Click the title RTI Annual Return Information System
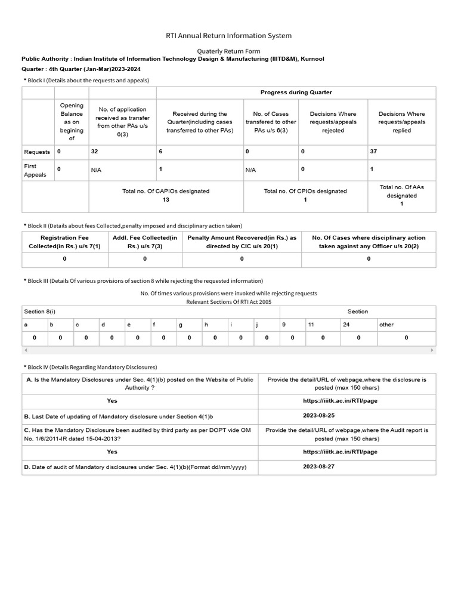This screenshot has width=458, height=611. pyautogui.click(x=228, y=36)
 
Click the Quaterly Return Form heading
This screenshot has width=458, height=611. pyautogui.click(x=228, y=52)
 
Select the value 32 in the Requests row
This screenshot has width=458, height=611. pyautogui.click(x=94, y=152)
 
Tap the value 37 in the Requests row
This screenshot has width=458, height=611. pyautogui.click(x=373, y=152)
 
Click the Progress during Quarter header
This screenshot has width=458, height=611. pyautogui.click(x=296, y=92)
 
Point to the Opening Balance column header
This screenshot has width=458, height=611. pyautogui.click(x=72, y=122)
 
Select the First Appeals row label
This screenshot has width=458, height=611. pyautogui.click(x=35, y=170)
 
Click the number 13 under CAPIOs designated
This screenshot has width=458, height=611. pyautogui.click(x=166, y=200)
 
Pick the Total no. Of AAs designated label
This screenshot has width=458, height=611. pyautogui.click(x=401, y=191)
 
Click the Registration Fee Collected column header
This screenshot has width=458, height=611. pyautogui.click(x=64, y=242)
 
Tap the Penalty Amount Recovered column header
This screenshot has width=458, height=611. pyautogui.click(x=242, y=242)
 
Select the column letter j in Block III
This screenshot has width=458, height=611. pyautogui.click(x=256, y=325)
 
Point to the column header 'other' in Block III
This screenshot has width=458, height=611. pyautogui.click(x=386, y=325)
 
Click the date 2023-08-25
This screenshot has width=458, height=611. pyautogui.click(x=318, y=415)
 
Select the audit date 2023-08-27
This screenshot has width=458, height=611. pyautogui.click(x=318, y=466)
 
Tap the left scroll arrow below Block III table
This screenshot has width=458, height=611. pyautogui.click(x=26, y=350)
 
